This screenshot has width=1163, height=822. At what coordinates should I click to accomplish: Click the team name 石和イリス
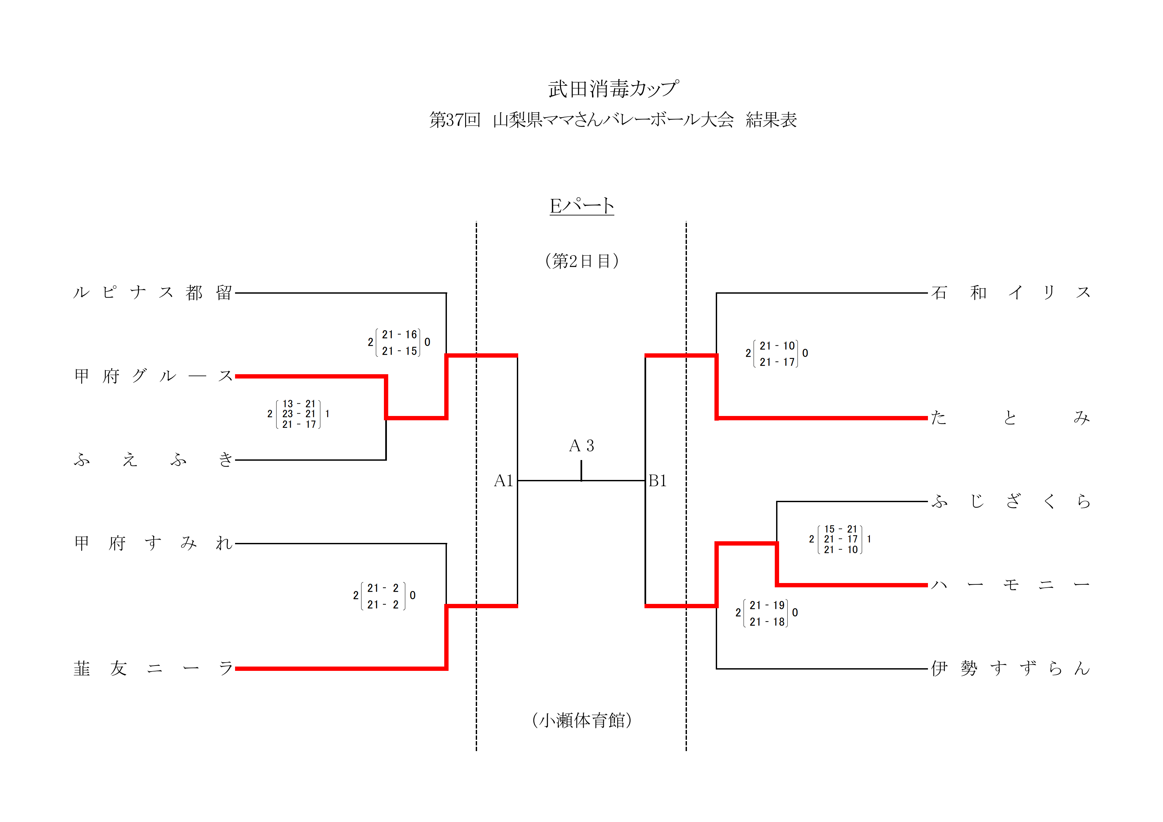point(1010,293)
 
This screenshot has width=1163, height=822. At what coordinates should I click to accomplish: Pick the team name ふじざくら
point(1010,501)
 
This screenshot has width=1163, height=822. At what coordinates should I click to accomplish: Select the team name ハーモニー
point(1010,585)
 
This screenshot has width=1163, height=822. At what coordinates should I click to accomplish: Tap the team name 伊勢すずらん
point(1010,669)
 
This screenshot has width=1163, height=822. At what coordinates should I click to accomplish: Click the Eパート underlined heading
point(581,206)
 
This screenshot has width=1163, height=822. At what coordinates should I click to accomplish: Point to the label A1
point(504,481)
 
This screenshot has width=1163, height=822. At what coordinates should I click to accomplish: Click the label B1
point(657,481)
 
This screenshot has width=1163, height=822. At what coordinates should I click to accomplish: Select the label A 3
point(581,446)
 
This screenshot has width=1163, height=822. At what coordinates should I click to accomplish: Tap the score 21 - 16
point(399,335)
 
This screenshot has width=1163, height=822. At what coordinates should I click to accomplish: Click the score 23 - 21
point(299,414)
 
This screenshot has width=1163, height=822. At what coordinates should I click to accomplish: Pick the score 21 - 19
point(767,605)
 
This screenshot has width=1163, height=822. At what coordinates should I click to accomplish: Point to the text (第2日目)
point(581,261)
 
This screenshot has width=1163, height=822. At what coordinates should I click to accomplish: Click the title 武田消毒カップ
point(613,88)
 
